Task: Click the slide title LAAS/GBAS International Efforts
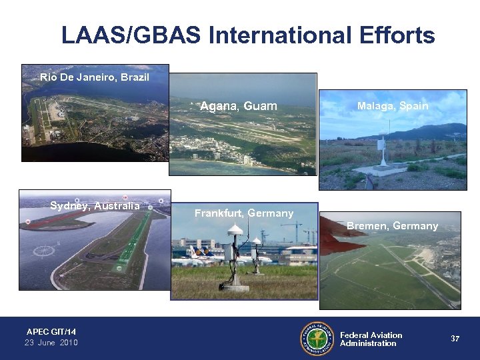pyautogui.click(x=248, y=35)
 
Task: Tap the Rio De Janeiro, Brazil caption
pyautogui.click(x=94, y=77)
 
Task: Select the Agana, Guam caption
pyautogui.click(x=239, y=107)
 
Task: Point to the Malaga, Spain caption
pyautogui.click(x=393, y=106)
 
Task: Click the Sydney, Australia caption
pyautogui.click(x=95, y=205)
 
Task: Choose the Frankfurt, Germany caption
pyautogui.click(x=244, y=213)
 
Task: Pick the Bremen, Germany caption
pyautogui.click(x=393, y=226)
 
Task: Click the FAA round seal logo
pyautogui.click(x=317, y=339)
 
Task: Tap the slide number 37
pyautogui.click(x=455, y=339)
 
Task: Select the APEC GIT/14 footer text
pyautogui.click(x=51, y=331)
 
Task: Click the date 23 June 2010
pyautogui.click(x=51, y=343)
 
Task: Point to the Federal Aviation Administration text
pyautogui.click(x=371, y=339)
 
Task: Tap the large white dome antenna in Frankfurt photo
pyautogui.click(x=234, y=231)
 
